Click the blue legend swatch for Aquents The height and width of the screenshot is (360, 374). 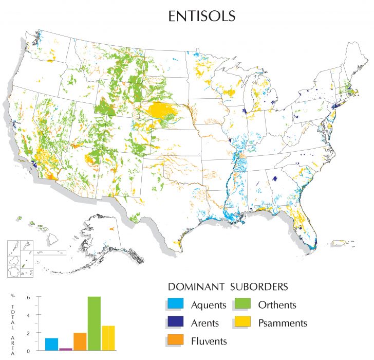[176, 304]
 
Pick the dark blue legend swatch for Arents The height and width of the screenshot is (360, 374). [176, 322]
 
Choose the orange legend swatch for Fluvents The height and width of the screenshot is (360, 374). [176, 340]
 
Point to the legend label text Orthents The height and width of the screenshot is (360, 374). [277, 305]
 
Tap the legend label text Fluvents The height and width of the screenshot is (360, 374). [209, 340]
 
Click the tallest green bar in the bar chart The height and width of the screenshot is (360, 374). [93, 323]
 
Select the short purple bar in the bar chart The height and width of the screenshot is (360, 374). [65, 349]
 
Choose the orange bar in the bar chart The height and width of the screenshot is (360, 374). [80, 341]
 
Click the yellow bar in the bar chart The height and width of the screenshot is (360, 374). [108, 338]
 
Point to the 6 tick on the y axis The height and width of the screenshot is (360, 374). [36, 297]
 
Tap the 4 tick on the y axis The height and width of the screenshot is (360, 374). [36, 315]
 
